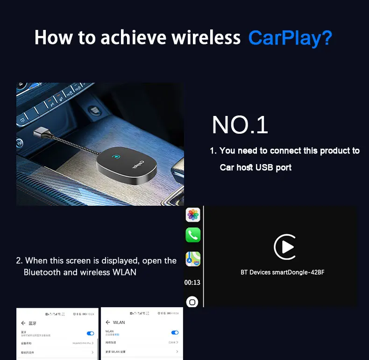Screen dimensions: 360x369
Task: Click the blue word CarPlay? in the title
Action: click(x=290, y=37)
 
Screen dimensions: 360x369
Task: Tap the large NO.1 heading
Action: click(x=240, y=125)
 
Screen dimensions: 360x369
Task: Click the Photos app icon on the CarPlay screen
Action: click(x=193, y=215)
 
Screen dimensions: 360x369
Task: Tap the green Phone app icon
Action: click(x=193, y=235)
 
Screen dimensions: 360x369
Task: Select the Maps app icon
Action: click(x=193, y=259)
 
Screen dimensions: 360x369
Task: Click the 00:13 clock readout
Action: click(x=192, y=282)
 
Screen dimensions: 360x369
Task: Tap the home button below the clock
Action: click(x=192, y=302)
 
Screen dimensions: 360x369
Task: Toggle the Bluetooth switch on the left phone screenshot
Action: click(x=91, y=333)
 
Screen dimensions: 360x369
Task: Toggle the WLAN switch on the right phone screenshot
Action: click(x=175, y=332)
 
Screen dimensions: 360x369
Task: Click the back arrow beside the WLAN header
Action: click(x=108, y=322)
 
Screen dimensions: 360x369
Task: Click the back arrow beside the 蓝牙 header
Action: click(x=23, y=323)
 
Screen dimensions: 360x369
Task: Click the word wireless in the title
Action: click(x=206, y=37)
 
